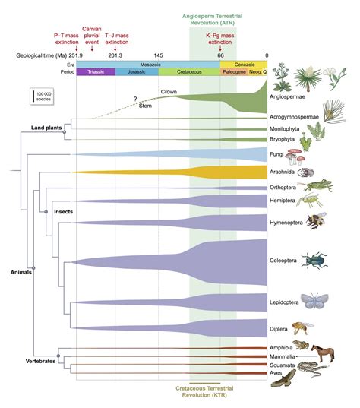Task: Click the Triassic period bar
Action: tap(95, 71)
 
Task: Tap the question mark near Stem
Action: tap(135, 100)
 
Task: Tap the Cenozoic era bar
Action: tap(243, 65)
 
